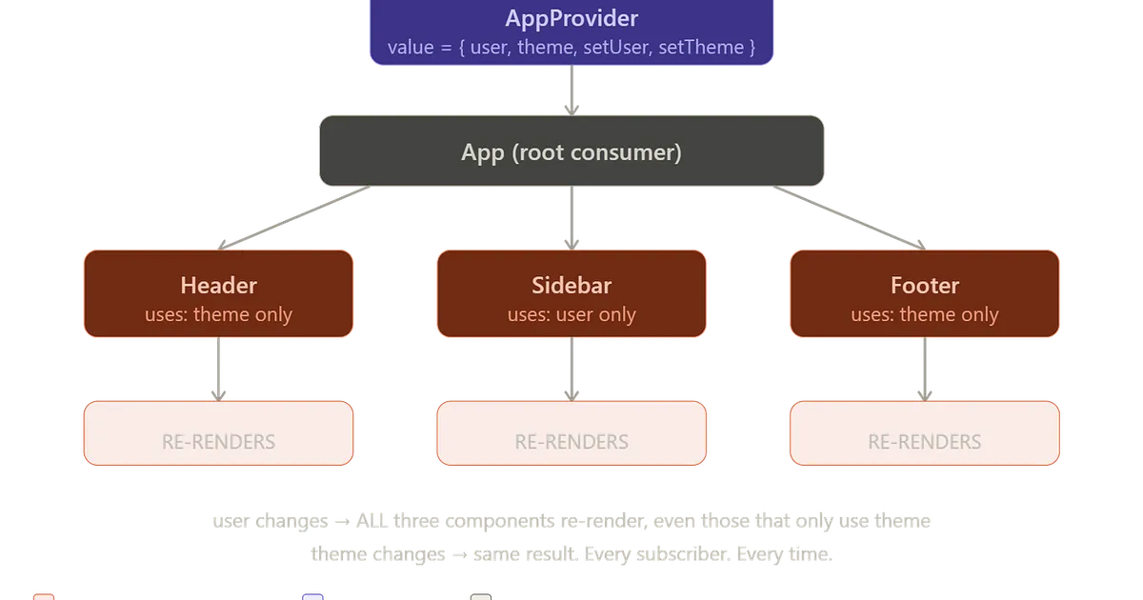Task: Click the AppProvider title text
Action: tap(571, 18)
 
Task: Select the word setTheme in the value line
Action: tap(707, 47)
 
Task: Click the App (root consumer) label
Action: tap(571, 152)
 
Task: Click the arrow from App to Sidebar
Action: tap(571, 217)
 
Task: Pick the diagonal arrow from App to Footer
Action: tap(848, 218)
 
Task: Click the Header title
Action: tap(218, 285)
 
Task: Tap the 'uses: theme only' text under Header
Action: tap(218, 314)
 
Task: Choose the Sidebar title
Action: tap(571, 285)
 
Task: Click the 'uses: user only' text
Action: tap(571, 314)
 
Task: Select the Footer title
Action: tap(924, 285)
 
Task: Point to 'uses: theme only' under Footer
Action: tap(924, 314)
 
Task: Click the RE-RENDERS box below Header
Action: tap(218, 433)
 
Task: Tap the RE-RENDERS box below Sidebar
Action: tap(571, 433)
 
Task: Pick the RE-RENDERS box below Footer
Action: tap(924, 433)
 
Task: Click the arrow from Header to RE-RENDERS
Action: tap(218, 370)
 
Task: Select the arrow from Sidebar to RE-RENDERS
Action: tap(571, 370)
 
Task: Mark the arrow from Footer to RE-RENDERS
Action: tap(924, 370)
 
